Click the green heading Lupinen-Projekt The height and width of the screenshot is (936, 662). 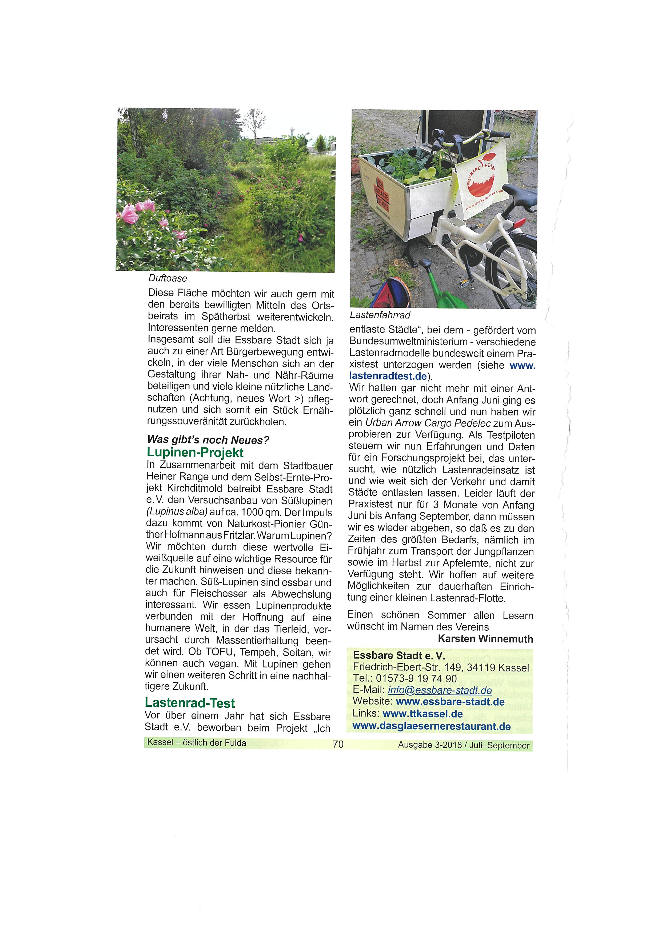click(x=195, y=453)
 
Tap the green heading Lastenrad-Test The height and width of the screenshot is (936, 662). click(x=190, y=703)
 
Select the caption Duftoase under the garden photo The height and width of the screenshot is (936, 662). click(x=168, y=278)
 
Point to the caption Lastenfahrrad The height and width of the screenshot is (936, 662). click(x=380, y=315)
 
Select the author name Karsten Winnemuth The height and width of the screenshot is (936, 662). click(x=485, y=639)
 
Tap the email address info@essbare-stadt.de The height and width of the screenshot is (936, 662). click(x=440, y=690)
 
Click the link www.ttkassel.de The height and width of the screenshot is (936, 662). click(x=423, y=714)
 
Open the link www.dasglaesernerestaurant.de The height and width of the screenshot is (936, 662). click(x=431, y=726)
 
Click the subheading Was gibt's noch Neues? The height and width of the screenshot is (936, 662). click(x=208, y=440)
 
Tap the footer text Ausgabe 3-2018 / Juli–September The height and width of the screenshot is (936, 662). click(x=464, y=745)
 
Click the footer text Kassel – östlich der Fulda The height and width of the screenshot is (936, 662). click(x=197, y=743)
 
